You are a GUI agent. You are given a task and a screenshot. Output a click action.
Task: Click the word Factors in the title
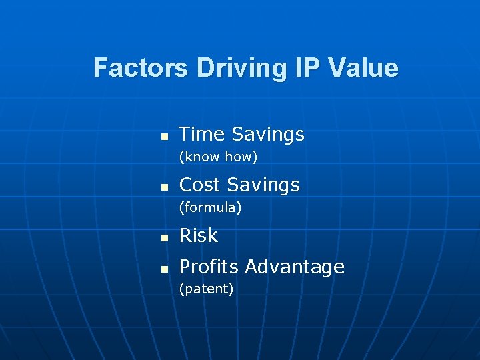(141, 68)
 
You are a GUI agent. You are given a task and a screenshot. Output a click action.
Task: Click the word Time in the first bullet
(202, 134)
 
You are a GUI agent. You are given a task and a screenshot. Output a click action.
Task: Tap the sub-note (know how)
(217, 157)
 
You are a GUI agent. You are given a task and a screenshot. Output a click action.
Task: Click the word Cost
(201, 185)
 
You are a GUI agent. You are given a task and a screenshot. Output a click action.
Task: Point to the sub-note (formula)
(210, 207)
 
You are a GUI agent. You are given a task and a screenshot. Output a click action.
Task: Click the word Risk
(199, 235)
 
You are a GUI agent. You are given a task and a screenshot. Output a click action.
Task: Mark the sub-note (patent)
(206, 289)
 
